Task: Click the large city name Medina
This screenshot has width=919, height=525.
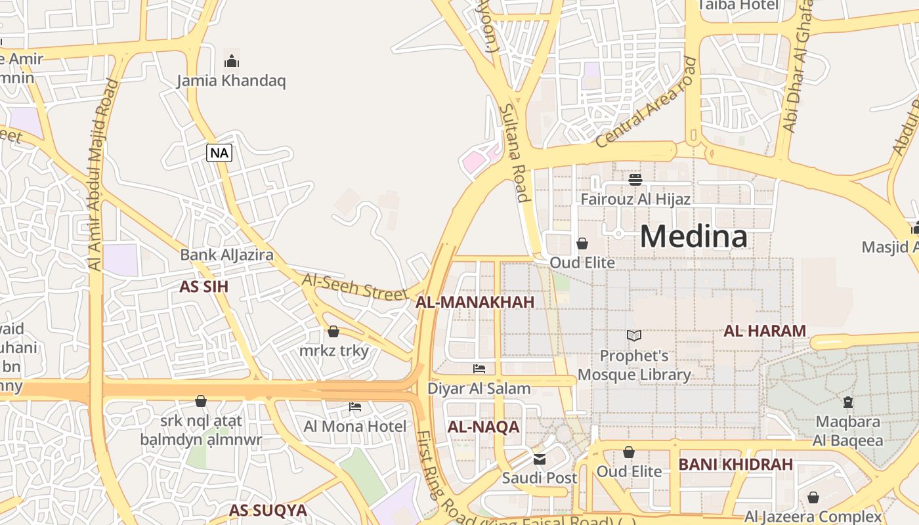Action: tap(693, 236)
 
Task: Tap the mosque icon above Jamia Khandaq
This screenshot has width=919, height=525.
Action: tap(231, 61)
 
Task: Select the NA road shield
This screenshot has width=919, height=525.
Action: tap(219, 153)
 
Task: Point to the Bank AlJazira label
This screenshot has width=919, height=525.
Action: tap(226, 255)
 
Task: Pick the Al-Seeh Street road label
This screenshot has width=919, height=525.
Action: tap(354, 287)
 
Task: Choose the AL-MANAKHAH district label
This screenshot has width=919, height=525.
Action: tap(475, 302)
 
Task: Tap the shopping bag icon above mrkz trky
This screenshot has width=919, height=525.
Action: tap(333, 331)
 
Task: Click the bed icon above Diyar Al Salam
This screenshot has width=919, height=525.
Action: tap(479, 369)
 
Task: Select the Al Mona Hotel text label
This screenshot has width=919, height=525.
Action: tap(354, 427)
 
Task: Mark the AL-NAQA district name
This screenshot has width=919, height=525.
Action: tap(483, 427)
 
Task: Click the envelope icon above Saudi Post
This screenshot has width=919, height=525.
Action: tap(540, 459)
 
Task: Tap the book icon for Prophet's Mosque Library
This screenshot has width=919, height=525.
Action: tap(633, 336)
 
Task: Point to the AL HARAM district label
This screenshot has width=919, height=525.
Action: tap(764, 331)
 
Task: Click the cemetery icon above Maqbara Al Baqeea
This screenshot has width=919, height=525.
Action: tap(847, 402)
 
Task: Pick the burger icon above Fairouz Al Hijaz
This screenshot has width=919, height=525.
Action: tap(635, 178)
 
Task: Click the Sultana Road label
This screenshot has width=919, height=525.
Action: tap(514, 152)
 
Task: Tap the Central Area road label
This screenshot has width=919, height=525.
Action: tap(646, 102)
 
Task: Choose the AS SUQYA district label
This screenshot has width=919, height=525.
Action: tap(267, 510)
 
